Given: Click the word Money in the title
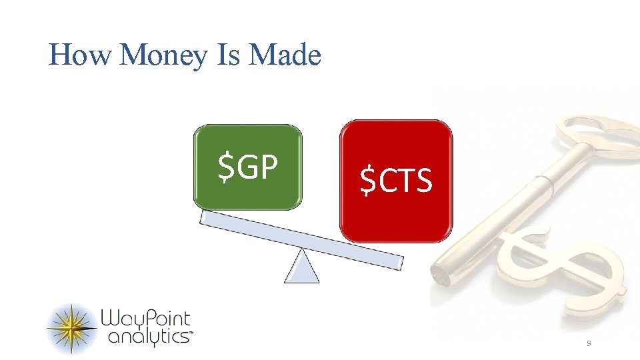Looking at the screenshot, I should tap(165, 56).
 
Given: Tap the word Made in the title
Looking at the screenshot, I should tap(285, 55).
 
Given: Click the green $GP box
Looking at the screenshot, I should tap(247, 167).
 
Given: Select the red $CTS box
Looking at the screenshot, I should tap(396, 181).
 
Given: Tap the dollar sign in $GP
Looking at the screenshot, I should tap(227, 167).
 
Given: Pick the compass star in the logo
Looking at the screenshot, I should tap(72, 329).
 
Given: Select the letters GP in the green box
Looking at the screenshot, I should tap(257, 167).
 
